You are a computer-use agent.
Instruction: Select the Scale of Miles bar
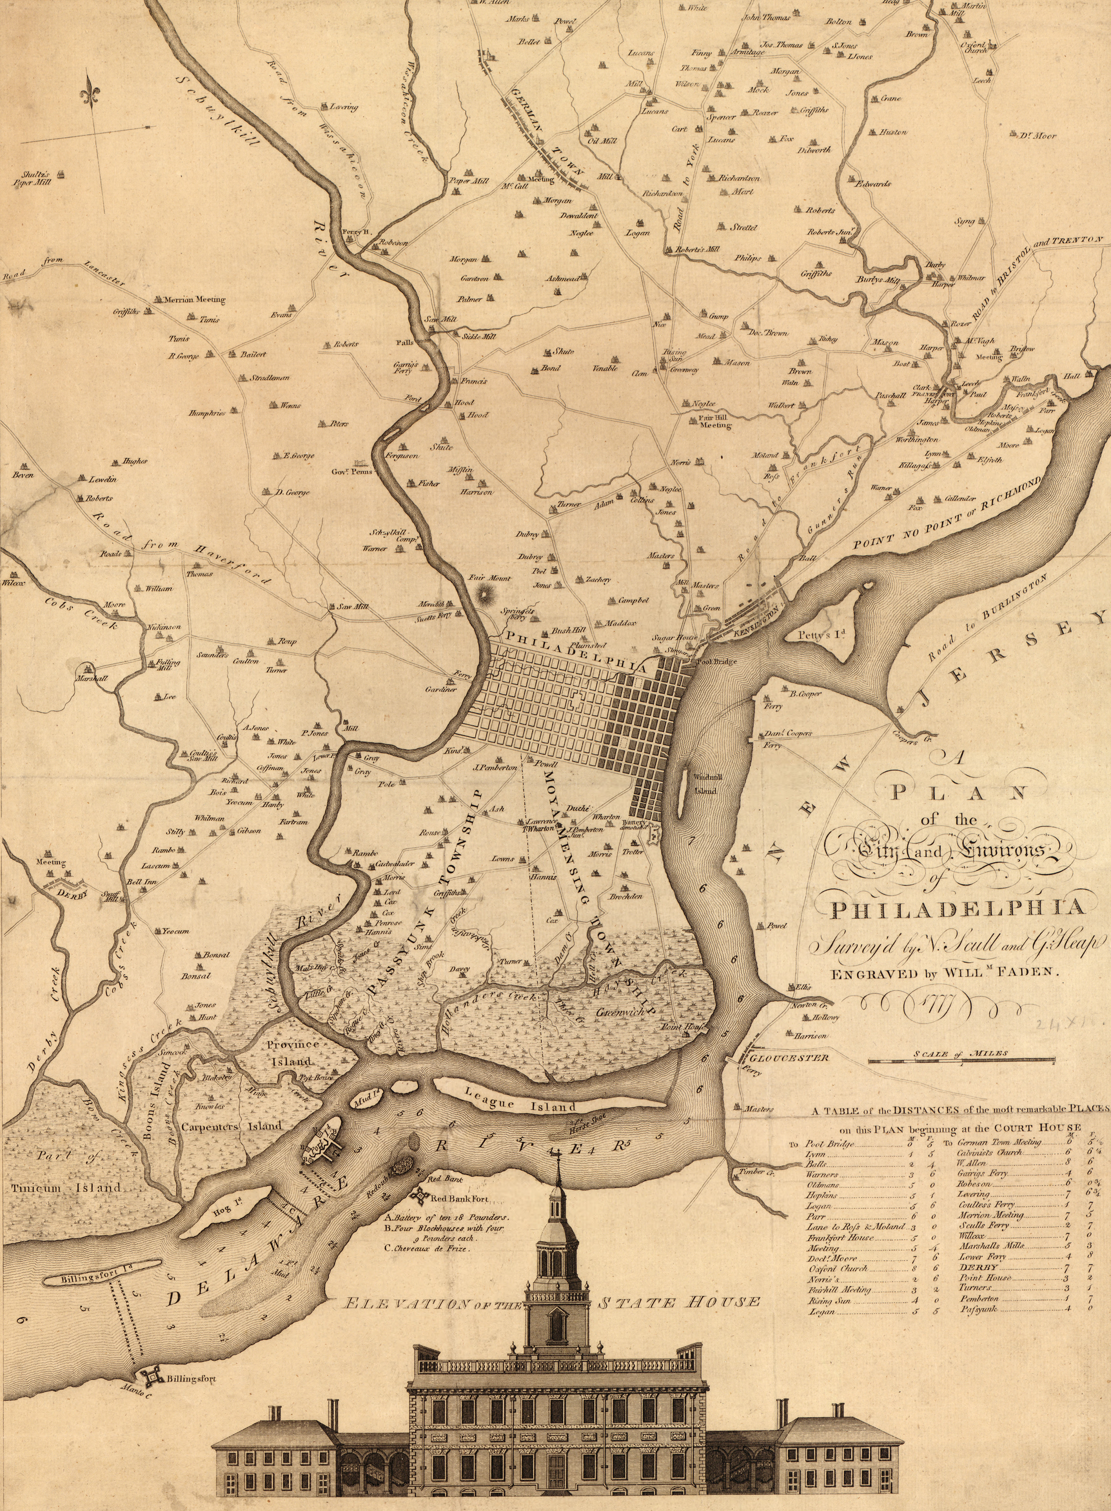(961, 1062)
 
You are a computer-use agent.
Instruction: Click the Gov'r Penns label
(352, 472)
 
